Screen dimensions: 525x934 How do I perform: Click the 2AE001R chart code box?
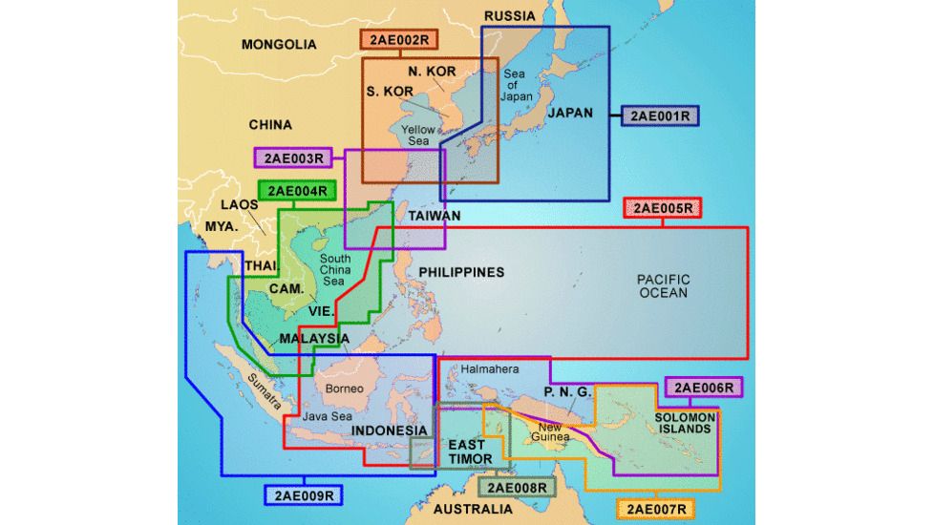click(660, 115)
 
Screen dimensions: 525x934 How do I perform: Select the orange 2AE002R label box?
click(398, 40)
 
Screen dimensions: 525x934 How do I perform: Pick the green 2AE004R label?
click(298, 191)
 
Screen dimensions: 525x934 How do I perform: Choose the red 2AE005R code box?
click(663, 208)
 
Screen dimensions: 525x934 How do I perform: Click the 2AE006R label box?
click(703, 387)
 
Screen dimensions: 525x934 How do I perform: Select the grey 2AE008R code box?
click(517, 487)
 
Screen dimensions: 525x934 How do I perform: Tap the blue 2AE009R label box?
click(303, 494)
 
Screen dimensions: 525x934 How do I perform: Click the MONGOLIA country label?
click(279, 44)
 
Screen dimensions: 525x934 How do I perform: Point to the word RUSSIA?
click(510, 16)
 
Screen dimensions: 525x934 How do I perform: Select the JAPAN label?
click(569, 113)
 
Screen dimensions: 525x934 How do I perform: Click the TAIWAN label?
click(435, 216)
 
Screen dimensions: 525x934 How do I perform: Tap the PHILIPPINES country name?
click(461, 272)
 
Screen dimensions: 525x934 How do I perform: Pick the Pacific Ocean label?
click(663, 285)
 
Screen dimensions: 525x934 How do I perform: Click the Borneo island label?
click(345, 388)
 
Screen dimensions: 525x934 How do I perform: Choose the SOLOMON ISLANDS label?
click(684, 423)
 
